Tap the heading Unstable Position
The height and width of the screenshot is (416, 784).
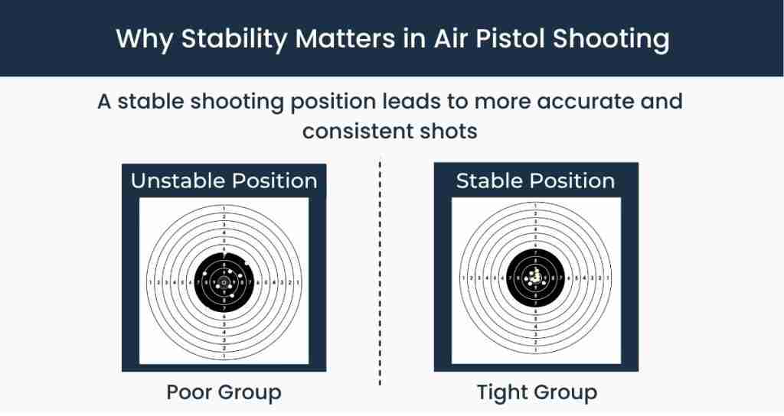[x=224, y=181]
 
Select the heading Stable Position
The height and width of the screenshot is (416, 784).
[x=535, y=181]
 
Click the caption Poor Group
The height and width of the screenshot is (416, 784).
[x=224, y=393]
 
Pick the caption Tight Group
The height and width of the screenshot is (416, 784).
[x=537, y=393]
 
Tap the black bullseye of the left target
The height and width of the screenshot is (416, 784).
[x=224, y=282]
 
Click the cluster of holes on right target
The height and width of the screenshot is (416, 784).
[x=537, y=278]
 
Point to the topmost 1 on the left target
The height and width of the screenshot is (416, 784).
[x=224, y=210]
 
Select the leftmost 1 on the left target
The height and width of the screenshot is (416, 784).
[x=150, y=283]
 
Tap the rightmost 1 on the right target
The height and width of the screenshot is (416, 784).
[x=609, y=278]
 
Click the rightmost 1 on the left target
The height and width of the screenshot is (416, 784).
[x=297, y=283]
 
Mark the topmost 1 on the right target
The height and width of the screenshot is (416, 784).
[x=536, y=206]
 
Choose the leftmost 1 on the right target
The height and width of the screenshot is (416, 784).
[x=463, y=278]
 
